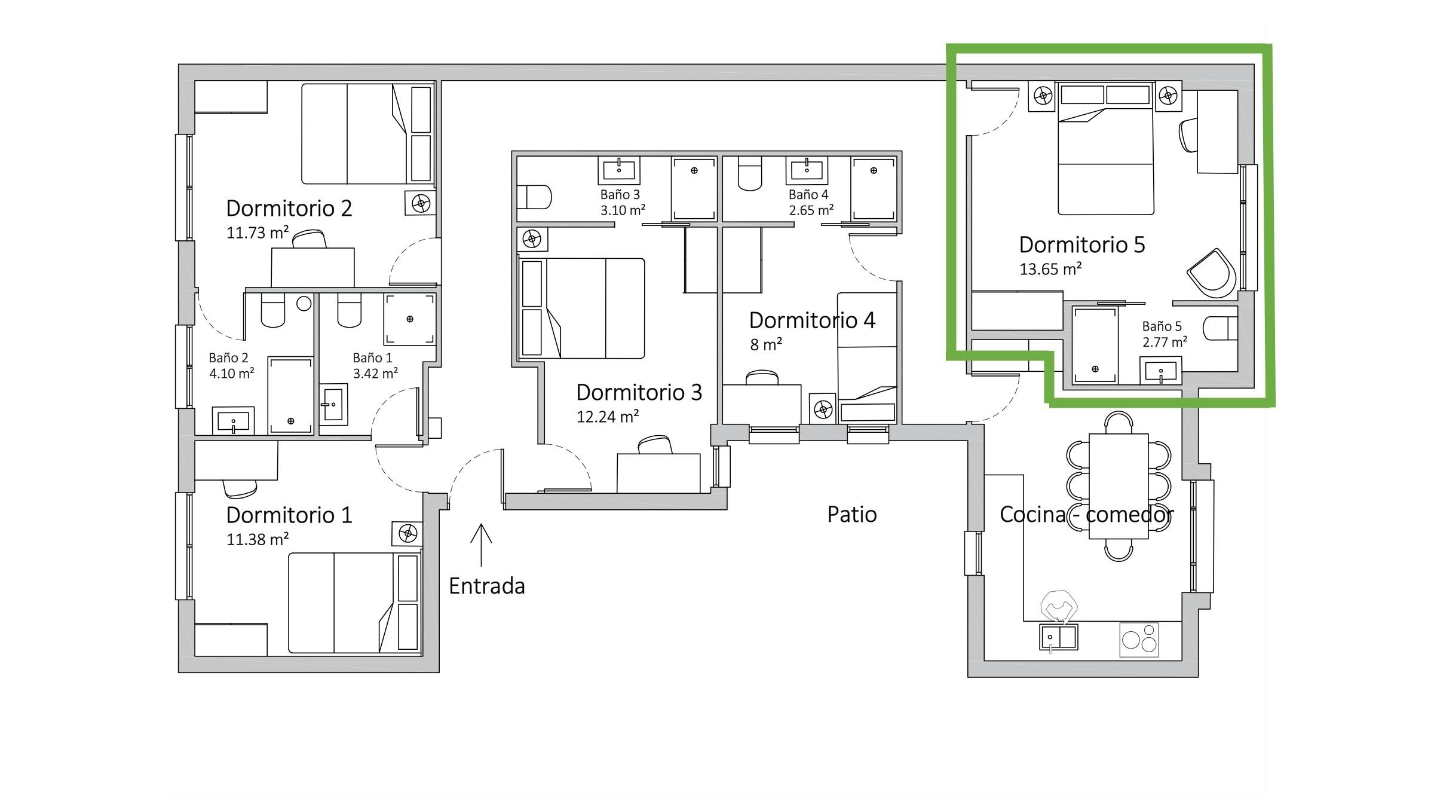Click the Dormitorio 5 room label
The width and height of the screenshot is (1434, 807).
1082,245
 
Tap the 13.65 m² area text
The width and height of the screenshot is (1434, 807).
1050,269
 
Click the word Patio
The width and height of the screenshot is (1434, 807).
852,514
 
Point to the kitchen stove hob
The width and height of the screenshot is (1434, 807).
1139,640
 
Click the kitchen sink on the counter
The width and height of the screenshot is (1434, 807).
1059,637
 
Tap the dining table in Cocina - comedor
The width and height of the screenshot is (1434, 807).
1119,487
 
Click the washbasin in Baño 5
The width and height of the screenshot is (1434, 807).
1160,371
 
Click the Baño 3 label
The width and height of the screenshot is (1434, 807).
620,195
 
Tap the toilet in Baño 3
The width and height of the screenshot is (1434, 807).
534,197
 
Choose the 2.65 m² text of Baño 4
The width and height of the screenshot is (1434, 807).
811,210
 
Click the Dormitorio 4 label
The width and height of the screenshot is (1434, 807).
812,320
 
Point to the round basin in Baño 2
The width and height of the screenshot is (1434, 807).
304,303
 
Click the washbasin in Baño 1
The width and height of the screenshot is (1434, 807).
333,405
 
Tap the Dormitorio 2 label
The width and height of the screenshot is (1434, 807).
289,208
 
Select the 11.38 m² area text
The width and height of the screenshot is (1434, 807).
258,539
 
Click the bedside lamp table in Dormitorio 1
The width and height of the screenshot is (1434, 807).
408,533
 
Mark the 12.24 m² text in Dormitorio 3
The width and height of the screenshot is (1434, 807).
608,416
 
